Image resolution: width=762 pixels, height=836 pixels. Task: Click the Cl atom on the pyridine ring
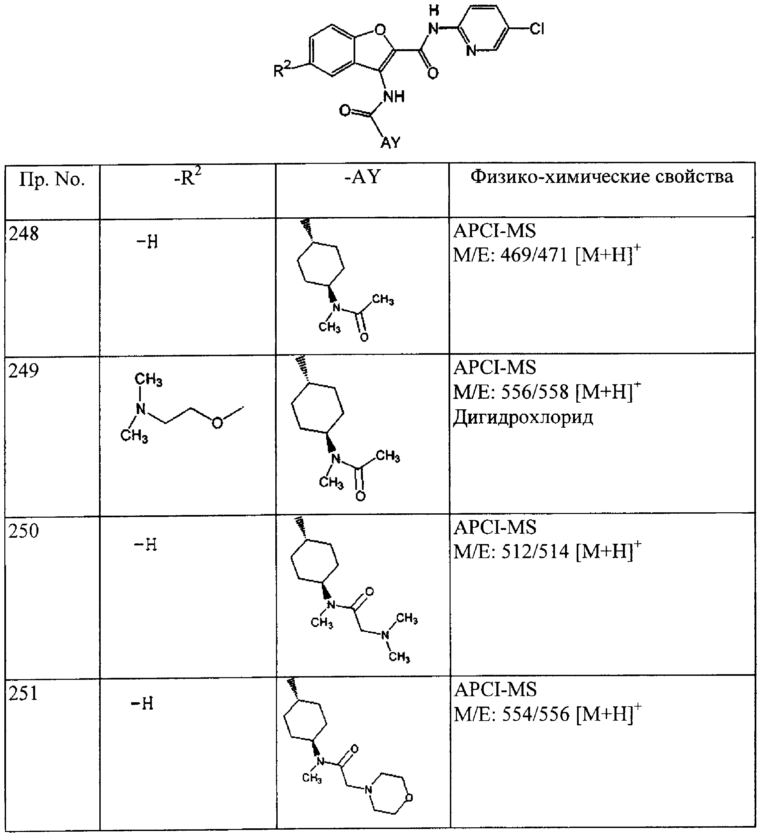coord(537,29)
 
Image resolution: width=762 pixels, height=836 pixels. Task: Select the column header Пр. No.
coord(52,180)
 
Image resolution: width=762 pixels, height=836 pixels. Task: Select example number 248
coord(24,234)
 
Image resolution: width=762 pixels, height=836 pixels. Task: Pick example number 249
coord(24,370)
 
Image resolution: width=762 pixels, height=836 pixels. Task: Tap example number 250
coord(24,531)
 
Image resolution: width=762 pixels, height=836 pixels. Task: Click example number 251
coord(24,693)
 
